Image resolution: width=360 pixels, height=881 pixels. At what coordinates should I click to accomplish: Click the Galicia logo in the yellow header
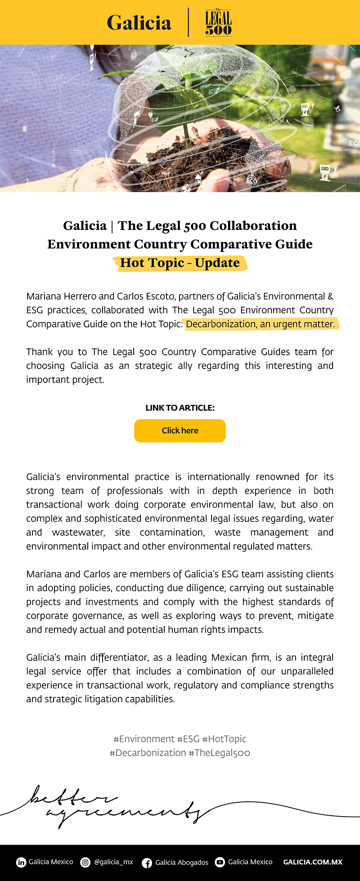pyautogui.click(x=139, y=23)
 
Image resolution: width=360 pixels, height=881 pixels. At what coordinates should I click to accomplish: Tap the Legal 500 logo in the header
pyautogui.click(x=218, y=23)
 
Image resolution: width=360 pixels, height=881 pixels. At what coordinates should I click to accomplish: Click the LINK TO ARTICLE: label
pyautogui.click(x=180, y=408)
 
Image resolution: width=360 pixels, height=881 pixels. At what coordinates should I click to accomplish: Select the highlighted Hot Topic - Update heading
pyautogui.click(x=180, y=263)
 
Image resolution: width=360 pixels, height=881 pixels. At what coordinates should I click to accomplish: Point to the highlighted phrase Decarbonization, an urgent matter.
pyautogui.click(x=261, y=324)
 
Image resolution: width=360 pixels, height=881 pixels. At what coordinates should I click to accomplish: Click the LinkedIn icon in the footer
pyautogui.click(x=21, y=862)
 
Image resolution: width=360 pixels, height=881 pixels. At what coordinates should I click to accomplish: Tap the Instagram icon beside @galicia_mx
pyautogui.click(x=85, y=862)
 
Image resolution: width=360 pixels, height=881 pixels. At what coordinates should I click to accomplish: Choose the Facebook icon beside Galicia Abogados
pyautogui.click(x=147, y=863)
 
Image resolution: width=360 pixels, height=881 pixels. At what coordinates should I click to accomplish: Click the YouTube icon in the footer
pyautogui.click(x=220, y=862)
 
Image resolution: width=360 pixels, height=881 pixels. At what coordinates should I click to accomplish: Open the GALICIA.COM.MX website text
pyautogui.click(x=313, y=862)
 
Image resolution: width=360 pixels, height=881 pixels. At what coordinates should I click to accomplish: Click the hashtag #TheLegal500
pyautogui.click(x=219, y=753)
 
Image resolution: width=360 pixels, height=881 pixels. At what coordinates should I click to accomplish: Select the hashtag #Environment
pyautogui.click(x=144, y=739)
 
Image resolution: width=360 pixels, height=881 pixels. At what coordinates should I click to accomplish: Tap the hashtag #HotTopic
pyautogui.click(x=224, y=739)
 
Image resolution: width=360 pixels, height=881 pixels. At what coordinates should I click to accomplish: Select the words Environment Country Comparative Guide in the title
pyautogui.click(x=180, y=244)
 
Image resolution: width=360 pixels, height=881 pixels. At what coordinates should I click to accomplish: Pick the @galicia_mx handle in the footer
pyautogui.click(x=113, y=862)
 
